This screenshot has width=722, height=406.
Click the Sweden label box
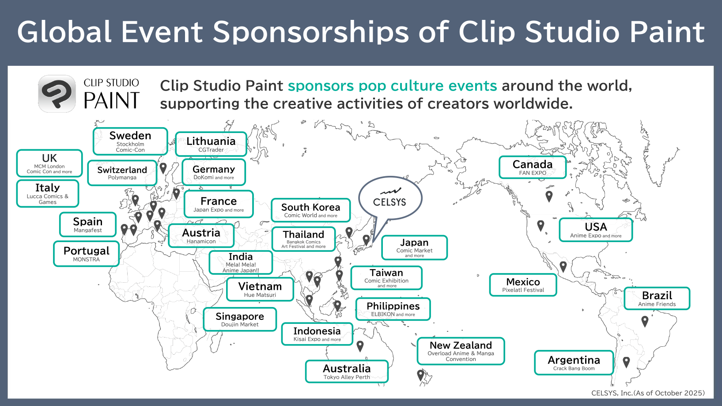[130, 141]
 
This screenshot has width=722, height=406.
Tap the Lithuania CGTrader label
[211, 144]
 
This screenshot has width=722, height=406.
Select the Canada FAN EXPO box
[533, 167]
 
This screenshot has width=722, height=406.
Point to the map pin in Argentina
[626, 362]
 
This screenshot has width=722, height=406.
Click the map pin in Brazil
[645, 321]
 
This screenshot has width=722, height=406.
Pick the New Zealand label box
[461, 351]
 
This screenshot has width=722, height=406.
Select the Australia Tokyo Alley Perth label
[347, 372]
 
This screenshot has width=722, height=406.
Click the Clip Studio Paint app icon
[57, 94]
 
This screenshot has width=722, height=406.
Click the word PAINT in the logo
[112, 100]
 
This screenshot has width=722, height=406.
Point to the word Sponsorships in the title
[310, 33]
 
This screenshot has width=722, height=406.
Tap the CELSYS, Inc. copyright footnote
[648, 393]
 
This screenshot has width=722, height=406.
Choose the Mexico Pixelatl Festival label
[523, 285]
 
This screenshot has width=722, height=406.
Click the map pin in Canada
[549, 196]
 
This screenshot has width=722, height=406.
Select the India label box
[241, 262]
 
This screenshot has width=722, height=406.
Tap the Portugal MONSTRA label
[87, 254]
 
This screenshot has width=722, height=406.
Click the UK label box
[49, 163]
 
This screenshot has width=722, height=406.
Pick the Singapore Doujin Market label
[240, 319]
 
